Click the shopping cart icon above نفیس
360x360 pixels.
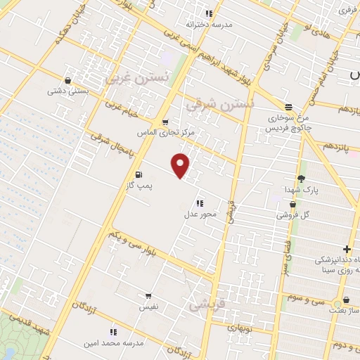pyautogui.click(x=148, y=297)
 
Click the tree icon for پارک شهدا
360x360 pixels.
pyautogui.click(x=302, y=179)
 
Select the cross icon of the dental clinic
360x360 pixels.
pyautogui.click(x=347, y=249)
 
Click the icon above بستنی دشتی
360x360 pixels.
pyautogui.click(x=67, y=80)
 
